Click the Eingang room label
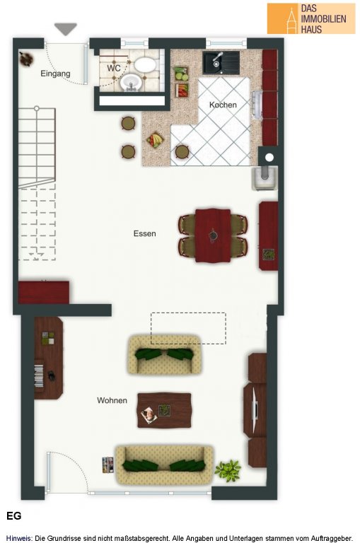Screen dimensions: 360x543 [55, 74]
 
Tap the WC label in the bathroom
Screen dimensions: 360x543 [114, 68]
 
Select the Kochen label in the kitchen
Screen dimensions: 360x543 [223, 105]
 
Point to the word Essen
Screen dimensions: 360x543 [144, 233]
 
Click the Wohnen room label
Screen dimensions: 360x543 [112, 400]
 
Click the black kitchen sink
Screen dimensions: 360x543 [221, 63]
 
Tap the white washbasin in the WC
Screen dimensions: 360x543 [131, 82]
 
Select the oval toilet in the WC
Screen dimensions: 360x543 [145, 65]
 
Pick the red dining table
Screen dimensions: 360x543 [213, 235]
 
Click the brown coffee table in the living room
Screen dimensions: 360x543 [164, 410]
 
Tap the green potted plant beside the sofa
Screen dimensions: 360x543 [228, 470]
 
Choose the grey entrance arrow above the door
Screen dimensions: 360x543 [66, 28]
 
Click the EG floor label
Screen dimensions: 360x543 [14, 515]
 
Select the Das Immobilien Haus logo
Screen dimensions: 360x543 [310, 18]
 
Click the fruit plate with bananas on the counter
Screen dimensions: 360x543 [155, 140]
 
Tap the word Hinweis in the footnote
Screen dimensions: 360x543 [19, 538]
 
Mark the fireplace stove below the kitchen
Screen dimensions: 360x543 [265, 177]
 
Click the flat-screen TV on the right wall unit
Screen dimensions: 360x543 [255, 410]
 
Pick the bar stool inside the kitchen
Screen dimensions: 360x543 [182, 152]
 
